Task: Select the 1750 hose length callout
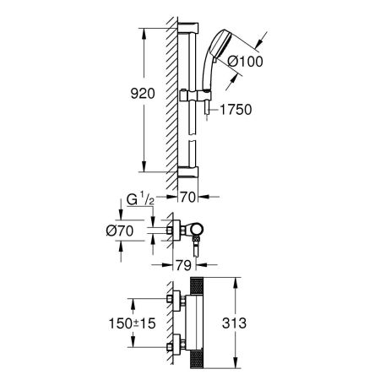pos(237,110)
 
